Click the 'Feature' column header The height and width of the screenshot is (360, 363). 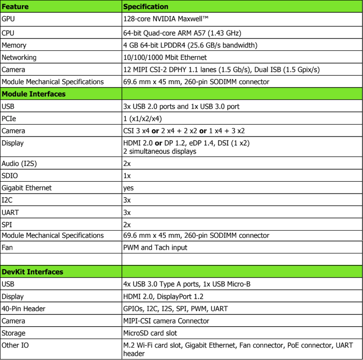(x=15, y=7)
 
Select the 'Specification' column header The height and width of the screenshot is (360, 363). (x=145, y=7)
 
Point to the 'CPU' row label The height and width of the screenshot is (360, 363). (x=9, y=33)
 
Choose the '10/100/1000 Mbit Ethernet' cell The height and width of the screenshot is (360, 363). (x=165, y=58)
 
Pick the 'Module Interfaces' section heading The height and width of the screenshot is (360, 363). (x=34, y=94)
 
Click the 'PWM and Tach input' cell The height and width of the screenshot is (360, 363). (x=155, y=247)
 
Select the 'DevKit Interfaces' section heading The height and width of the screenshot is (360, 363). (x=32, y=272)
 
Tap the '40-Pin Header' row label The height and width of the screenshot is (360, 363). (x=24, y=309)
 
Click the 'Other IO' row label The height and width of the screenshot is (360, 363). (x=15, y=345)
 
